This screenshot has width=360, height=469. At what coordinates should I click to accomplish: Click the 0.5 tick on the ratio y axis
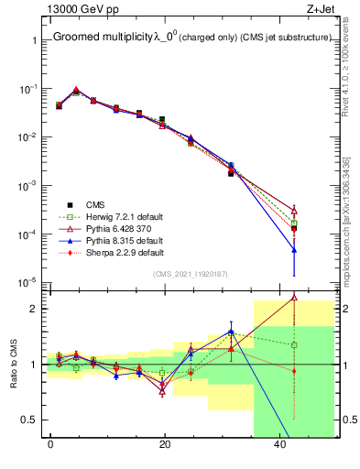pyautogui.click(x=27, y=420)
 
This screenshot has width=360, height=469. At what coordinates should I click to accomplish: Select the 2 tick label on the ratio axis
pyautogui.click(x=31, y=309)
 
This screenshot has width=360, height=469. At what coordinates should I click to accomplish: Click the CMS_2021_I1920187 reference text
pyautogui.click(x=189, y=273)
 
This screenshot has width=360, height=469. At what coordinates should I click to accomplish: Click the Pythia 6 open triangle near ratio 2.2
pyautogui.click(x=294, y=296)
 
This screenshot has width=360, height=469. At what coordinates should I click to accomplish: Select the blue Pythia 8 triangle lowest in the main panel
pyautogui.click(x=294, y=249)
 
